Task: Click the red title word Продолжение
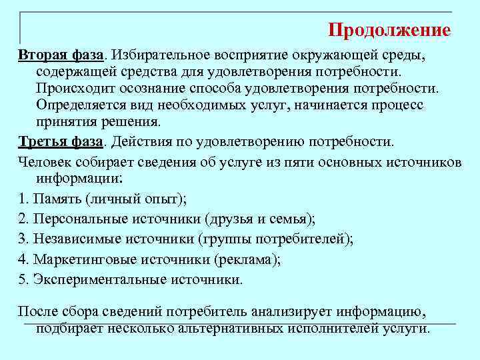pos(389,30)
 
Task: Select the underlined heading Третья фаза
pos(61,141)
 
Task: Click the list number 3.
pos(22,239)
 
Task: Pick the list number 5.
pos(22,279)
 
